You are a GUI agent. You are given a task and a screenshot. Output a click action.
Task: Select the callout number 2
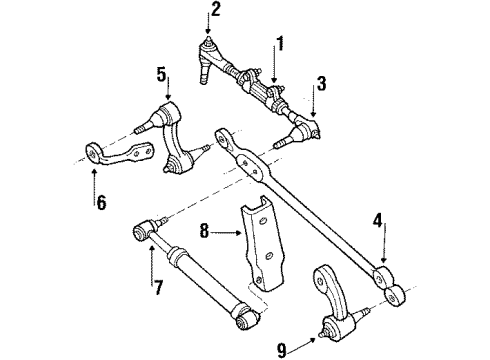(x=213, y=12)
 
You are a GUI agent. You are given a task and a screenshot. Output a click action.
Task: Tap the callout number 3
(x=320, y=85)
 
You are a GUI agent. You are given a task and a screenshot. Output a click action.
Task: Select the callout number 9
(x=281, y=349)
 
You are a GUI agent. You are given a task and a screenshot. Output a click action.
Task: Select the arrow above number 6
(x=93, y=178)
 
